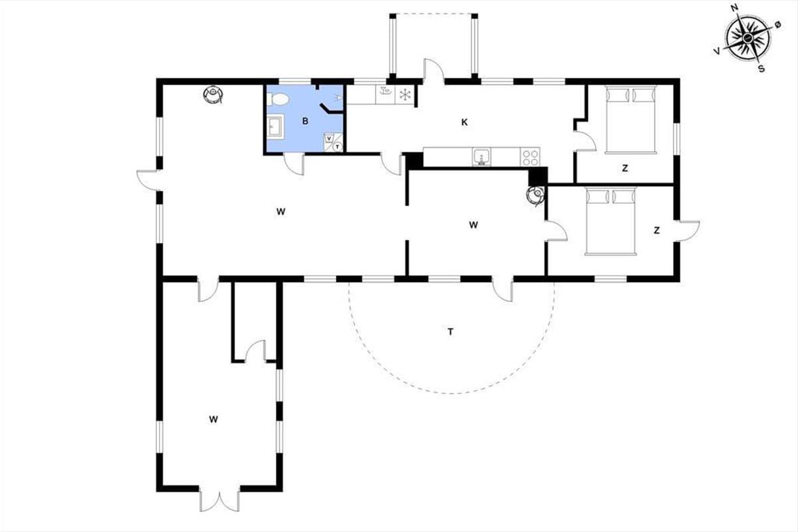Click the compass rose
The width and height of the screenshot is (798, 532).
tap(747, 37)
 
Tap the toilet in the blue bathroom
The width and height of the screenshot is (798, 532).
tap(277, 99)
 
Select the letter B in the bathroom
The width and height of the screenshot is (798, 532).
tap(305, 121)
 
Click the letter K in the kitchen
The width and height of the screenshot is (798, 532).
tap(464, 122)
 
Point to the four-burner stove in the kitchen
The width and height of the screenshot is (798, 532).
tap(530, 157)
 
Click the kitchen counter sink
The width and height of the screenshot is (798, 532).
tap(481, 157)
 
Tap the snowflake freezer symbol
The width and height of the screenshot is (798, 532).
tap(405, 95)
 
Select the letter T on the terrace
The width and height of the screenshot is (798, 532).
tap(450, 332)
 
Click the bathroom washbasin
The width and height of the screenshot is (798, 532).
tap(276, 126)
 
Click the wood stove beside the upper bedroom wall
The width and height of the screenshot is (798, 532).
tap(536, 196)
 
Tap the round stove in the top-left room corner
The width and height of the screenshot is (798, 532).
tap(213, 95)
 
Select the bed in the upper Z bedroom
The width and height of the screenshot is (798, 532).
tap(630, 120)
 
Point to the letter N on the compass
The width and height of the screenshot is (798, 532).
tap(734, 8)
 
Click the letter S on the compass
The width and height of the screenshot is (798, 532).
tap(761, 68)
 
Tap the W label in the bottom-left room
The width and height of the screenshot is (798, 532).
tap(213, 420)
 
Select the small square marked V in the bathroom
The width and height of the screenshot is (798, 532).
tap(329, 138)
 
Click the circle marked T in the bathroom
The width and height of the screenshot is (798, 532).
tap(337, 146)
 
